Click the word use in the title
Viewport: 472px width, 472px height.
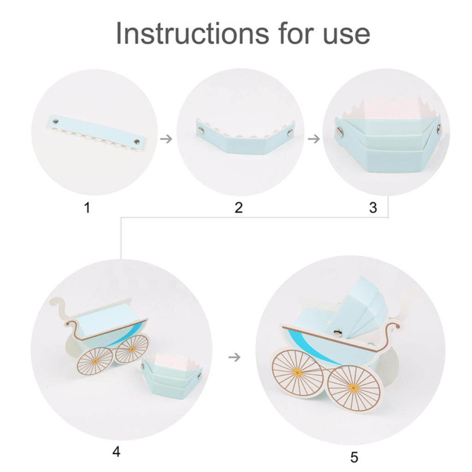346,35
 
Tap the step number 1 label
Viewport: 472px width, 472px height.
87,207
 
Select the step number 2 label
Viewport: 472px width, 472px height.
239,207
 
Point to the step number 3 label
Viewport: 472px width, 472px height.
373,207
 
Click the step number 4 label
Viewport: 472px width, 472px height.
116,452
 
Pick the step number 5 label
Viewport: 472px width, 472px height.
354,457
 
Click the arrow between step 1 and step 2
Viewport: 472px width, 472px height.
166,139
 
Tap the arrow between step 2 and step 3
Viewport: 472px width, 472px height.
313,139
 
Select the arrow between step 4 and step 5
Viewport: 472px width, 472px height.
235,357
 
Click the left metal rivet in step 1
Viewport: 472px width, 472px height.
55,122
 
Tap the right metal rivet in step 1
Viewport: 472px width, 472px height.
136,141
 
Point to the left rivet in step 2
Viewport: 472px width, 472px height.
200,130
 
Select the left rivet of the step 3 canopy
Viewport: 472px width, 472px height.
340,130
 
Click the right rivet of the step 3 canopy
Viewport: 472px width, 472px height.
439,128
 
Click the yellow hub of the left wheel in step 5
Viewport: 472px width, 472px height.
297,372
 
